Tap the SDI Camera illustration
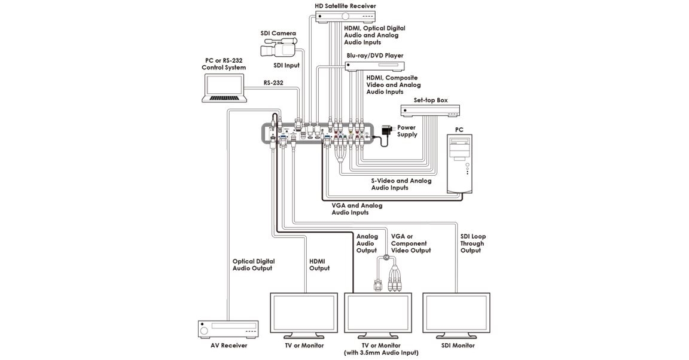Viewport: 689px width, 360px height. [x=279, y=47]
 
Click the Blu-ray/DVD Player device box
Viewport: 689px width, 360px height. [x=375, y=66]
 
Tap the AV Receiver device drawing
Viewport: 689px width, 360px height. [x=228, y=330]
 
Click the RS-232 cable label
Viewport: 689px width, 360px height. [x=273, y=83]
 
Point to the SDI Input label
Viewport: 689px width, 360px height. [x=286, y=65]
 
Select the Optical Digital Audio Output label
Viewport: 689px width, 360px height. [x=254, y=265]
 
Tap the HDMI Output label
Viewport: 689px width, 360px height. [x=319, y=265]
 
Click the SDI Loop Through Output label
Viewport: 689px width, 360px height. [x=472, y=243]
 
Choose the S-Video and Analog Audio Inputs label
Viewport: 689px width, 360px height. [x=401, y=184]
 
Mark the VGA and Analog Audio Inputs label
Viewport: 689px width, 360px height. [x=357, y=209]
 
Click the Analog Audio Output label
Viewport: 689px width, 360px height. [x=367, y=243]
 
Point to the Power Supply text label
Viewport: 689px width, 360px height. [x=407, y=131]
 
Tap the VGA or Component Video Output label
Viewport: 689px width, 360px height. [x=411, y=243]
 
